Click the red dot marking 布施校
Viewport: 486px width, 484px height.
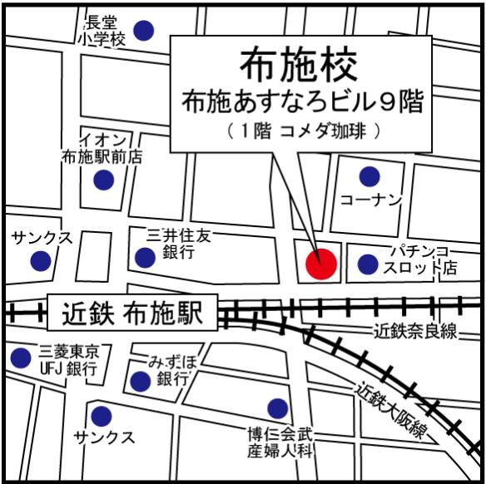320,264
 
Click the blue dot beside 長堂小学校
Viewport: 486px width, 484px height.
145,31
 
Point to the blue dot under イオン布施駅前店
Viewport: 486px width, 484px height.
103,180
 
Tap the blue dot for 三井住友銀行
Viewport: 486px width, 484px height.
145,258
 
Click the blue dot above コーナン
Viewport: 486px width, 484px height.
369,176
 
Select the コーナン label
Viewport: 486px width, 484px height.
371,200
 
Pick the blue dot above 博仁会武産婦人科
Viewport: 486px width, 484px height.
278,407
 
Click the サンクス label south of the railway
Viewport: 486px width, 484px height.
104,437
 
